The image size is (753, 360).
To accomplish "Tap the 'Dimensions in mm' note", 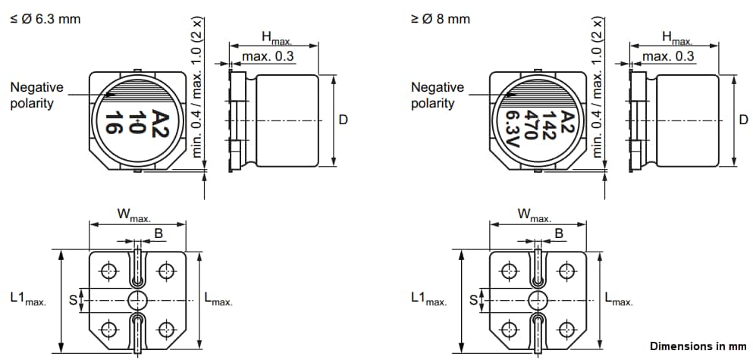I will pos(698,345).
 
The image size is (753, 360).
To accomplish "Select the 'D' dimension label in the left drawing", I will pos(343,120).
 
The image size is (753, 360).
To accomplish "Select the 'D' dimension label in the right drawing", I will pos(743,120).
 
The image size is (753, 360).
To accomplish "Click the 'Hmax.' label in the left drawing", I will pos(276,37).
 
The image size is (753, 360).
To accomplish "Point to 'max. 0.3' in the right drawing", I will pos(668,57).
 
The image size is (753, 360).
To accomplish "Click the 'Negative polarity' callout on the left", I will pos(36,95).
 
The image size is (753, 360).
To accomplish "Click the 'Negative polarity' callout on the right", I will pos(437,95).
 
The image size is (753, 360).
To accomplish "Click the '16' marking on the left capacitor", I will pos(114,122).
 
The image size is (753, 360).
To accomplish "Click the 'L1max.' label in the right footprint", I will pos(428,299).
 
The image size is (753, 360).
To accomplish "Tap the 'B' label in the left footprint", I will pos(158,234).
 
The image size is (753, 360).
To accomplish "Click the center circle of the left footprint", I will pos(137,299).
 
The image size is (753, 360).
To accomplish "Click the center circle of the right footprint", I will pos(538,299).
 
